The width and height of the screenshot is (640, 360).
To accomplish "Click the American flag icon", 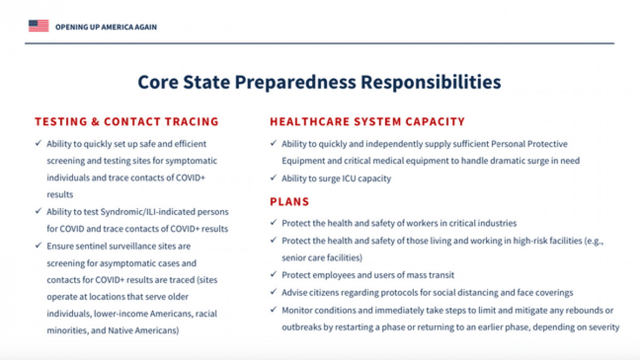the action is [38, 26].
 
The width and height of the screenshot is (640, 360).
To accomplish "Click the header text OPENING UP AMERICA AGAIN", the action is [106, 27].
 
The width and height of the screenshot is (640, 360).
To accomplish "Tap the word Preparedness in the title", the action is [295, 83].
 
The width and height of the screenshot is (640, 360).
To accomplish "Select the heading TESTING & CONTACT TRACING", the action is [126, 122].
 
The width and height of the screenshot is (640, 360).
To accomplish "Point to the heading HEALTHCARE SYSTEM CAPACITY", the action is [367, 122].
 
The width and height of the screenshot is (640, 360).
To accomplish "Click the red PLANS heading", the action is [290, 202].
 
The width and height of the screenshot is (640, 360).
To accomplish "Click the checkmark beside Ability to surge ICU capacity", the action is [274, 178].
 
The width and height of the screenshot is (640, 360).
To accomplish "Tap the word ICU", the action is [346, 179].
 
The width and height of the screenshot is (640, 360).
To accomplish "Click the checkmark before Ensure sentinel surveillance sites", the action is [38, 245].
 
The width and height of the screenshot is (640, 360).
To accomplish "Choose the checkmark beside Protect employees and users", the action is [274, 274].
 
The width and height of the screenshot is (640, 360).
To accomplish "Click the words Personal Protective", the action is [529, 144].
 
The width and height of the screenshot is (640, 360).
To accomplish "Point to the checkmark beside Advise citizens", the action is [274, 292].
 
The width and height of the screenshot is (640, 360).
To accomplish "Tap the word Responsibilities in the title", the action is [431, 83].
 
